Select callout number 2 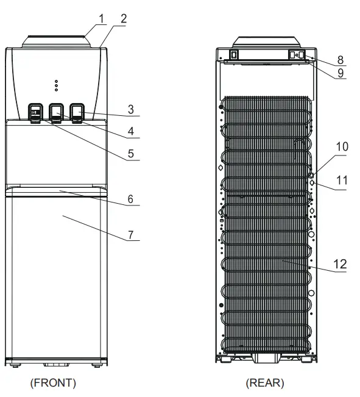(x=124, y=18)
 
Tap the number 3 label (x=130, y=109)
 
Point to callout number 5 (x=130, y=154)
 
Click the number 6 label (x=130, y=198)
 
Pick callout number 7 (x=130, y=235)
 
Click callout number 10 (x=341, y=147)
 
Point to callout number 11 (x=341, y=180)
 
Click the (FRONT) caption (x=54, y=383)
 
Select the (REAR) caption (x=264, y=383)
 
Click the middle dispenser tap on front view (x=57, y=111)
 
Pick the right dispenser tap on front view (x=77, y=111)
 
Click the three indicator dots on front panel (x=57, y=84)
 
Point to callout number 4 (x=130, y=131)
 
